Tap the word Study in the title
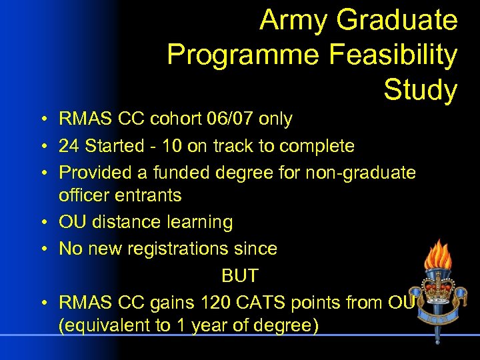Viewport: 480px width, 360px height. [420, 89]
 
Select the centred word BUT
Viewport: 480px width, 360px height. [240, 275]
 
